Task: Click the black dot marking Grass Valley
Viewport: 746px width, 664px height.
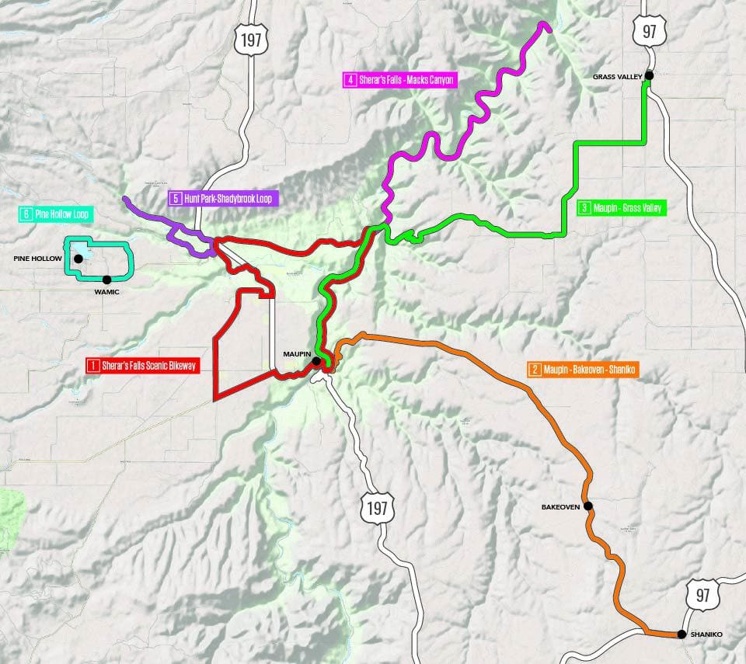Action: tap(648, 75)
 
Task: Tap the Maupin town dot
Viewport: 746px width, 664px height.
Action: tap(316, 361)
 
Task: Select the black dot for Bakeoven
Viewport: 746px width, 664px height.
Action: tap(588, 506)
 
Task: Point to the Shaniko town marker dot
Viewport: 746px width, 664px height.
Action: tap(682, 634)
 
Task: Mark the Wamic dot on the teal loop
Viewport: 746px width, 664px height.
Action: tap(107, 279)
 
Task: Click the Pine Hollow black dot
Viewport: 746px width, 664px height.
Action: tap(78, 258)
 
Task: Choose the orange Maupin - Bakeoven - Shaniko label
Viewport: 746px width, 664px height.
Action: tap(583, 370)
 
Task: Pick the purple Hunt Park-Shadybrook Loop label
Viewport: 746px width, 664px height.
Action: tap(223, 198)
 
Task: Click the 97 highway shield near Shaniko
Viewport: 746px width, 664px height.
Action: tap(702, 595)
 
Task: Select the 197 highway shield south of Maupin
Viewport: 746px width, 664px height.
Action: tap(378, 509)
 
